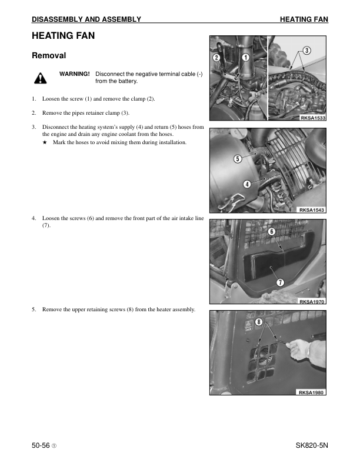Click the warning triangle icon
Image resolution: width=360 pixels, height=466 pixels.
point(40,78)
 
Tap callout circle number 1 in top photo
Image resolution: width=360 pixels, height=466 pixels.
point(245,58)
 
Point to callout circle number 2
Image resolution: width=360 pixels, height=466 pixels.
point(216,58)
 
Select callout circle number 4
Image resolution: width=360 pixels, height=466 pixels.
point(247,184)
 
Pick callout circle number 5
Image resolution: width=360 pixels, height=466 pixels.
point(237,159)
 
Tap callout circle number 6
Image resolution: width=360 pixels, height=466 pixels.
point(271,232)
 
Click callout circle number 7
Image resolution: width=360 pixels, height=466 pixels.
point(281,282)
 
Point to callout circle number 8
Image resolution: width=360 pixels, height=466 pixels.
point(258,322)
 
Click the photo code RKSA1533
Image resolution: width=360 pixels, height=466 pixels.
point(312,118)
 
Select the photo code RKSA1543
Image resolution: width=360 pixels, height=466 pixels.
point(312,210)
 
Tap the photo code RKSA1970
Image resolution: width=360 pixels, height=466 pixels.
point(312,302)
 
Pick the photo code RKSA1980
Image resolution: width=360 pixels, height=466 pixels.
point(312,392)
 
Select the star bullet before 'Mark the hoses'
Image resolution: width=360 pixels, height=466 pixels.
point(45,143)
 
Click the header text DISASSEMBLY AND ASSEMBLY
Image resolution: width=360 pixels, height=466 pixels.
point(86,19)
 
